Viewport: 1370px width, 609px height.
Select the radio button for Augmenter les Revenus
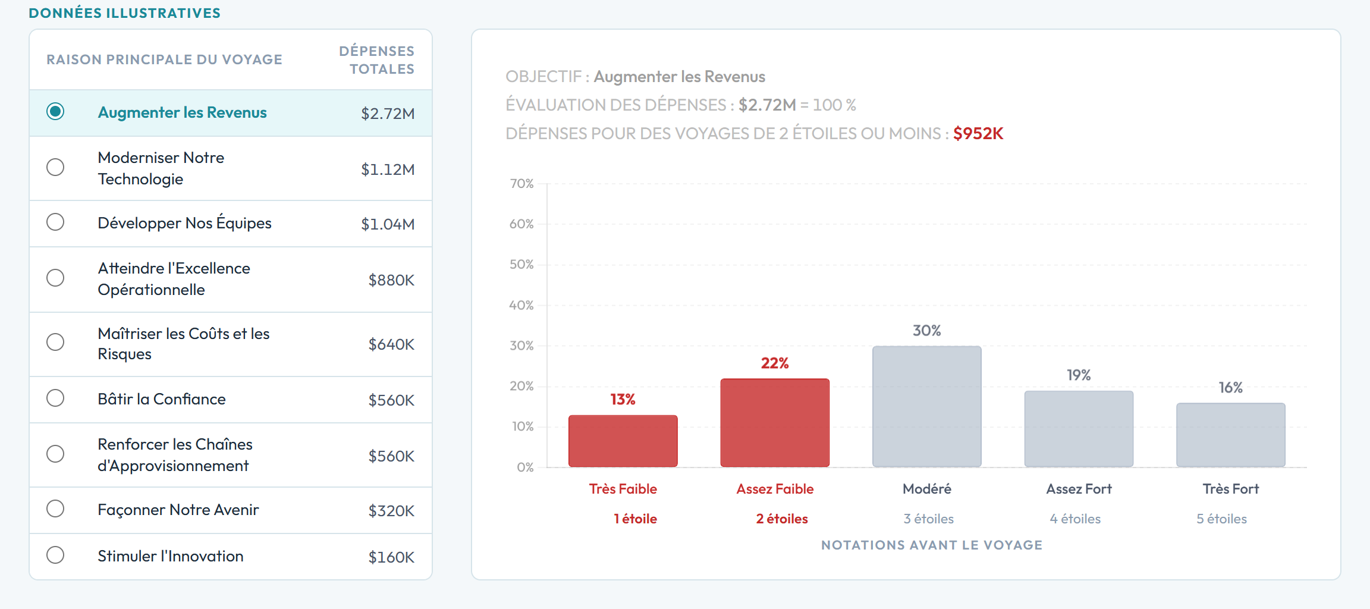(x=55, y=112)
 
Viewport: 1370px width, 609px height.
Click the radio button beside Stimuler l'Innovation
(x=55, y=555)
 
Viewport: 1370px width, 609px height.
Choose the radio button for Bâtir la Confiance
(x=55, y=398)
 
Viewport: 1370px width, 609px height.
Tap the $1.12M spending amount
(x=388, y=169)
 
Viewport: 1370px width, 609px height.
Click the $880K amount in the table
(x=391, y=280)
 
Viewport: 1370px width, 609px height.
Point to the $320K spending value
(x=391, y=511)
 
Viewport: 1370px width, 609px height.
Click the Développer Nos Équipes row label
(x=184, y=223)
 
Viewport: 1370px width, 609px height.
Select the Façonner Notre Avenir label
(x=178, y=510)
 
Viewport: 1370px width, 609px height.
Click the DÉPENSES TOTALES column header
(x=377, y=60)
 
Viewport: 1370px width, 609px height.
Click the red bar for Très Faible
(x=623, y=441)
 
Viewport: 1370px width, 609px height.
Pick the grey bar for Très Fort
(x=1230, y=435)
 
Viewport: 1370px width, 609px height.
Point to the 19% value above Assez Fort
(x=1079, y=375)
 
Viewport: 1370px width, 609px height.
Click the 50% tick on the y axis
(x=521, y=265)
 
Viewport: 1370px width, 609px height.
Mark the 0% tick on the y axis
(x=525, y=467)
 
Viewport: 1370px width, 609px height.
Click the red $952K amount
(x=978, y=133)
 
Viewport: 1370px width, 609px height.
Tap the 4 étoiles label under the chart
(x=1075, y=519)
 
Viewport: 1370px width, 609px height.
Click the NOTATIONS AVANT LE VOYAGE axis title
(x=931, y=545)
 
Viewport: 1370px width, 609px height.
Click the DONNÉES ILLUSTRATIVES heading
(x=125, y=13)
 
